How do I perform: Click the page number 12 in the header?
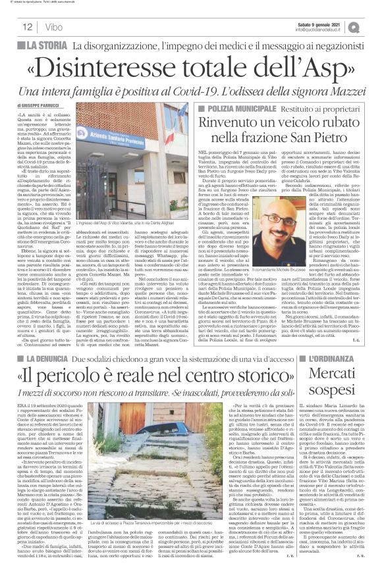[x=28, y=26]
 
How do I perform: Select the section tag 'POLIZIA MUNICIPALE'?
[x=234, y=107]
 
